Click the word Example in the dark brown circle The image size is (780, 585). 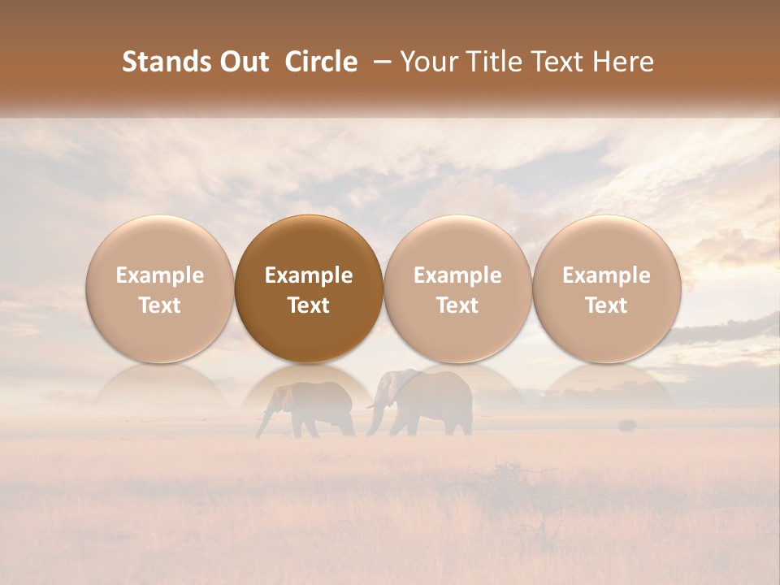[309, 275]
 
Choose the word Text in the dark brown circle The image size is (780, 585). [309, 305]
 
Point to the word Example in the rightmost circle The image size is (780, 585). [607, 275]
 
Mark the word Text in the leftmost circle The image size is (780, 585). [159, 305]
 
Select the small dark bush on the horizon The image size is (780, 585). [626, 424]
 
